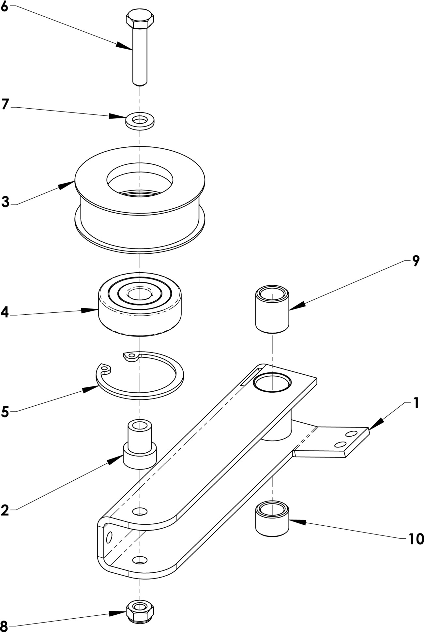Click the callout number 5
(5, 412)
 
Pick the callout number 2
(5, 510)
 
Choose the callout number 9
(416, 261)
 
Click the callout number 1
(416, 403)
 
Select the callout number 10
(416, 539)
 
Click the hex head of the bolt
(140, 20)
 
